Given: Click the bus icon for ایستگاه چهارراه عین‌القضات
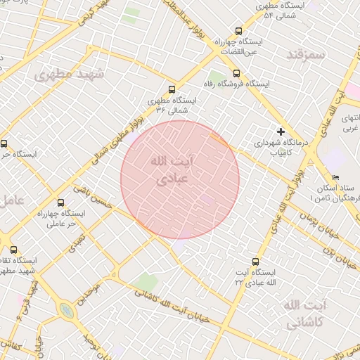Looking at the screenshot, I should tap(238, 31).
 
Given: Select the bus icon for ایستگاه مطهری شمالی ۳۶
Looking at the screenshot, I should tap(172, 89).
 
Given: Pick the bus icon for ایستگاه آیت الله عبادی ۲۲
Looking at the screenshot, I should tap(256, 261).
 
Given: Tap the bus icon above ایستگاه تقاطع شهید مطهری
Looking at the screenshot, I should tap(13, 250).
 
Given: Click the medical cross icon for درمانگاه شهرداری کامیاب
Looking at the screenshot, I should tap(281, 131).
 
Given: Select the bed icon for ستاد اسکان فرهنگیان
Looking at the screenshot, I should tap(335, 178).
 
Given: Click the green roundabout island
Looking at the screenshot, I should tap(66, 310).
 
